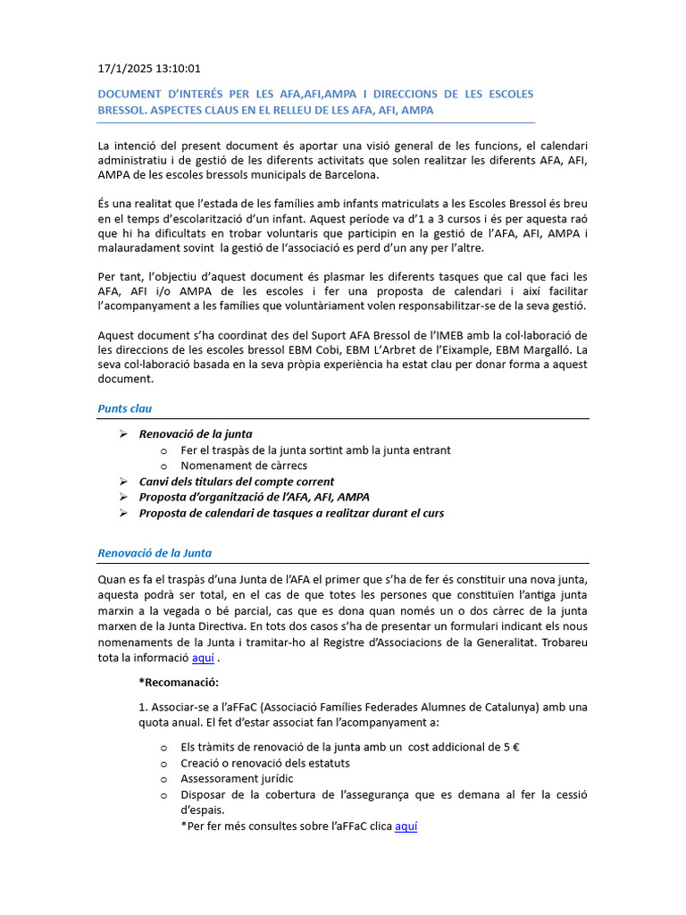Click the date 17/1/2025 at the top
coord(124,68)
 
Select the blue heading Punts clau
coord(124,408)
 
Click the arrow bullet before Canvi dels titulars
coord(123,482)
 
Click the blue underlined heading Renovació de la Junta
coord(155,553)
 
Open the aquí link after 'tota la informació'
coord(204,658)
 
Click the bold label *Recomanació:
coord(178,683)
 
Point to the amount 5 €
coord(511,747)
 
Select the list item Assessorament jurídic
coord(237,778)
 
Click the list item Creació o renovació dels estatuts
coord(265,762)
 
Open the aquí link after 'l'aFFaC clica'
coord(406,827)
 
